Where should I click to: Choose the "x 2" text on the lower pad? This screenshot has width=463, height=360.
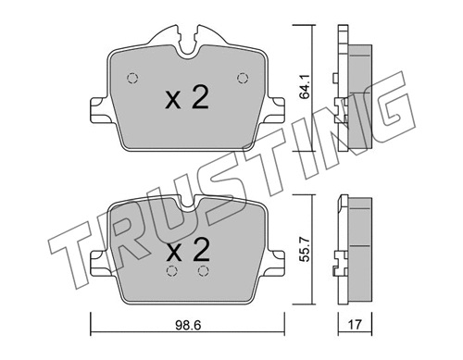point(187,248)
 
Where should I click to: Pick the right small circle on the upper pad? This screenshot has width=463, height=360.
point(244,77)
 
